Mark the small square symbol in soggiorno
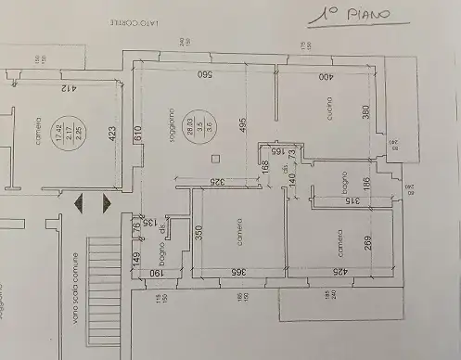point(213,156)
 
